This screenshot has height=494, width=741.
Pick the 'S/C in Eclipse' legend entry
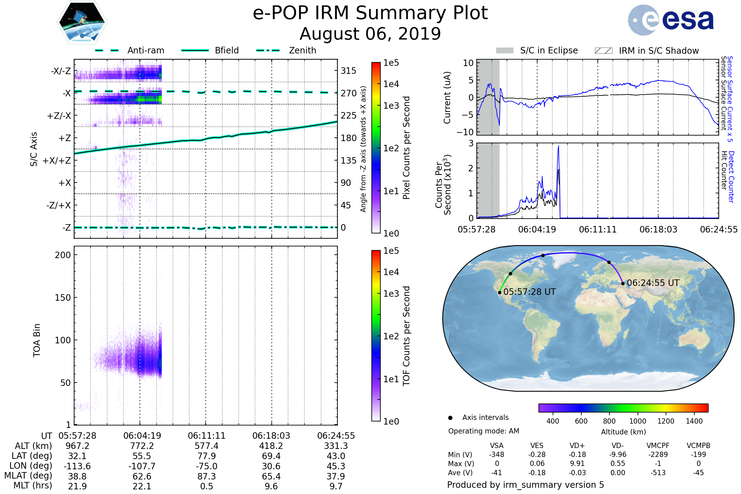click(x=537, y=50)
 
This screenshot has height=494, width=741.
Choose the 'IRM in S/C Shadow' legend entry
click(x=647, y=50)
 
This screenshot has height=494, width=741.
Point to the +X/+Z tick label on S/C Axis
click(x=57, y=161)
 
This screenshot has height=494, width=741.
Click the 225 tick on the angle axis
click(x=349, y=115)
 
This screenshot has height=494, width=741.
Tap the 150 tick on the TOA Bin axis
click(x=63, y=298)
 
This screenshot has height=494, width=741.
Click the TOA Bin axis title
click(x=37, y=340)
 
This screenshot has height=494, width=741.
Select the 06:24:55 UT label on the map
click(x=653, y=283)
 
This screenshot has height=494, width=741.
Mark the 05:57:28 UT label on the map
click(x=529, y=292)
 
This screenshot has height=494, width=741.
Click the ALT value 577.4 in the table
click(x=206, y=446)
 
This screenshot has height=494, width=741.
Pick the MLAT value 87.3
click(x=206, y=476)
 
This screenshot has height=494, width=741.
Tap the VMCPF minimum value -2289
click(x=658, y=454)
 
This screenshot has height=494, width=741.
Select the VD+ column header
click(x=577, y=446)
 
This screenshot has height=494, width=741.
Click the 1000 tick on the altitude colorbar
click(x=638, y=421)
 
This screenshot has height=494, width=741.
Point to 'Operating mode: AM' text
click(x=484, y=431)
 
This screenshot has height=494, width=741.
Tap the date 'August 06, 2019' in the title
click(x=370, y=34)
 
